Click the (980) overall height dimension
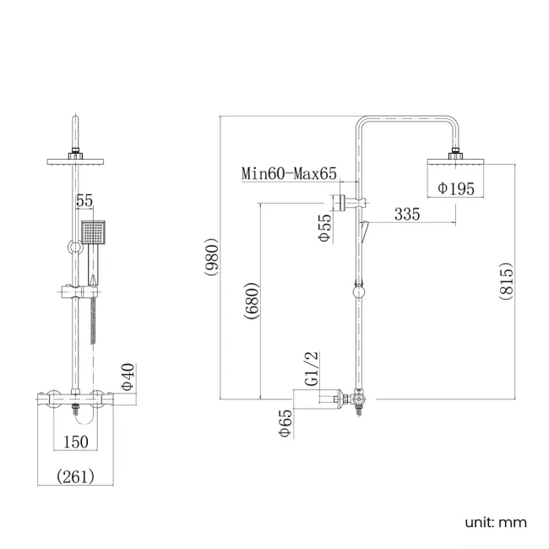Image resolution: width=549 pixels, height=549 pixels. (x=212, y=258)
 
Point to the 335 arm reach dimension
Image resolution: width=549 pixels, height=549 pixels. (x=406, y=215)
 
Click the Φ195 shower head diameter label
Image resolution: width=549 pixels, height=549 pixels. (x=456, y=188)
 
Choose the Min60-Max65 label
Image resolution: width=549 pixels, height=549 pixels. (x=289, y=174)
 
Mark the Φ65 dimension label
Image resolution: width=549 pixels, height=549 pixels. (x=285, y=421)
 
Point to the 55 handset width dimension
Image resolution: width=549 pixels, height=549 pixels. (x=84, y=201)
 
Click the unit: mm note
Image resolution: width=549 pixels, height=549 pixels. (x=495, y=522)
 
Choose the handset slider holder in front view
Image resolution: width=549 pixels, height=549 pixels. (x=74, y=293)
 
